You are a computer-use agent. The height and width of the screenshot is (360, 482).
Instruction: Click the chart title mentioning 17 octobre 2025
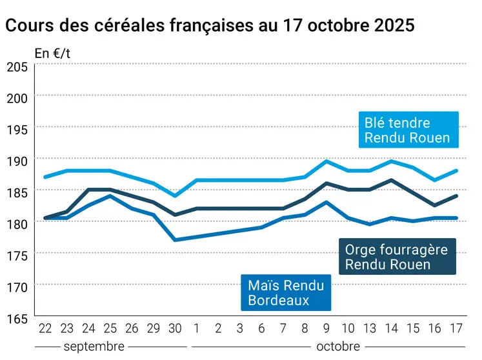click(x=210, y=26)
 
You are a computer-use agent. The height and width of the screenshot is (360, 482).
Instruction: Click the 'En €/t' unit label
click(x=52, y=54)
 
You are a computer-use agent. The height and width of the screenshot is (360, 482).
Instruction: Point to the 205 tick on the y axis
click(x=17, y=66)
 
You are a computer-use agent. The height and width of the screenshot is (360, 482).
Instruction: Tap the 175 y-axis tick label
click(x=17, y=255)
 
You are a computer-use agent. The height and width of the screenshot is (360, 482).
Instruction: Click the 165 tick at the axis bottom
click(x=17, y=318)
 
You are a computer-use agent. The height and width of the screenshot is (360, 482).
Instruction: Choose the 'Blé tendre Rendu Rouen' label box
click(x=408, y=130)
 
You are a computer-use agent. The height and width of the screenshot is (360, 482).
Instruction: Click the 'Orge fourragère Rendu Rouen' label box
click(x=397, y=257)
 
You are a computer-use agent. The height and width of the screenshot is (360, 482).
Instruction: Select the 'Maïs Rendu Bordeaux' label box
click(x=286, y=292)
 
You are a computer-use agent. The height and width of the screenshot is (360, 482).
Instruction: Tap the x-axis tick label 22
click(x=45, y=328)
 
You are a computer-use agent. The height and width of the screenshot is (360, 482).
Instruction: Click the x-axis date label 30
click(x=175, y=328)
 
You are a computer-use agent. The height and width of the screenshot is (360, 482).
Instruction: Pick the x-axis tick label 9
click(x=326, y=328)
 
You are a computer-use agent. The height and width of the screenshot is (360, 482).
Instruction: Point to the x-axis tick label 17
click(x=456, y=328)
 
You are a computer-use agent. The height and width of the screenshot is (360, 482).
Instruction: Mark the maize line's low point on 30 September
click(x=175, y=240)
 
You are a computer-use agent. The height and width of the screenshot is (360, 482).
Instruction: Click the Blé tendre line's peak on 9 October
click(x=326, y=161)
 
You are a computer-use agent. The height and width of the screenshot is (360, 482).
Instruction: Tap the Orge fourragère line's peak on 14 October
click(x=392, y=180)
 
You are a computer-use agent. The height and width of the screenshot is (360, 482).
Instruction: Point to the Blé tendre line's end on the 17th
click(x=456, y=170)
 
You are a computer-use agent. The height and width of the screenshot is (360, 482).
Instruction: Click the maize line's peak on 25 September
click(x=110, y=195)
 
